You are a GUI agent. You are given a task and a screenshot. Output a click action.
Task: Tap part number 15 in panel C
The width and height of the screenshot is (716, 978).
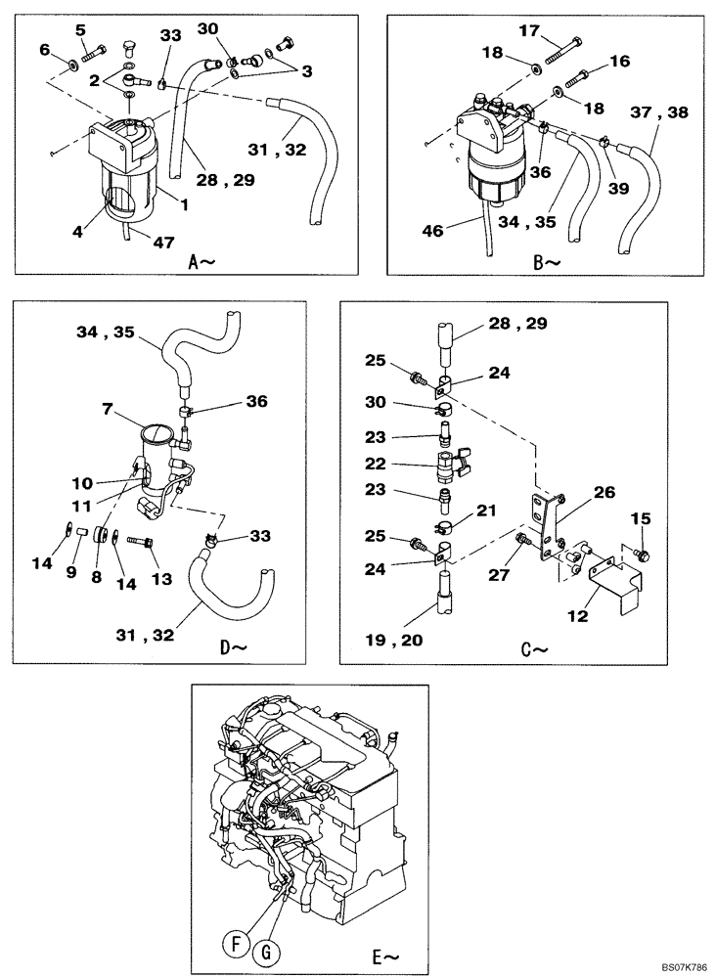pos(641,517)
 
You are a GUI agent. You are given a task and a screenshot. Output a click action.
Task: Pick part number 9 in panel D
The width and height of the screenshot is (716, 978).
pos(71,572)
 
